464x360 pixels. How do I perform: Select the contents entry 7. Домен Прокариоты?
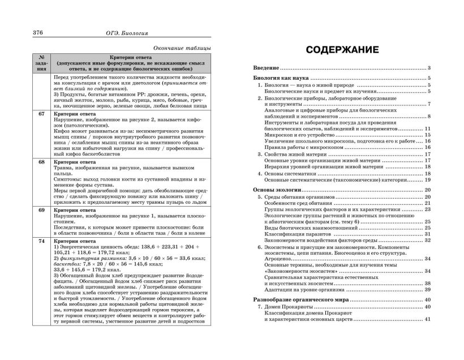[290, 307]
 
